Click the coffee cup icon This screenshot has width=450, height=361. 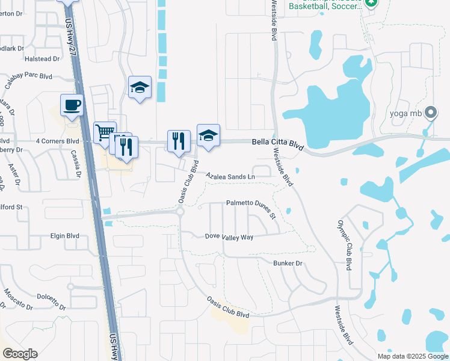[x=72, y=105]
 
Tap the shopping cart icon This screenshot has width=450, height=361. [x=105, y=132]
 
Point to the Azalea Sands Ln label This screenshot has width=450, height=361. [x=230, y=177]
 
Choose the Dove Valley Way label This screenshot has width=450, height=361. [x=229, y=237]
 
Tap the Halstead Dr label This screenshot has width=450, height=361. [x=43, y=59]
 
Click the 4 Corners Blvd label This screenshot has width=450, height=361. [x=57, y=141]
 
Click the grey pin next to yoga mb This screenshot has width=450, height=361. [x=430, y=113]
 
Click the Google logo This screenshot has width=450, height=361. [x=20, y=354]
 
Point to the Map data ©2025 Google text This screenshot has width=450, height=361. [x=412, y=356]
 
